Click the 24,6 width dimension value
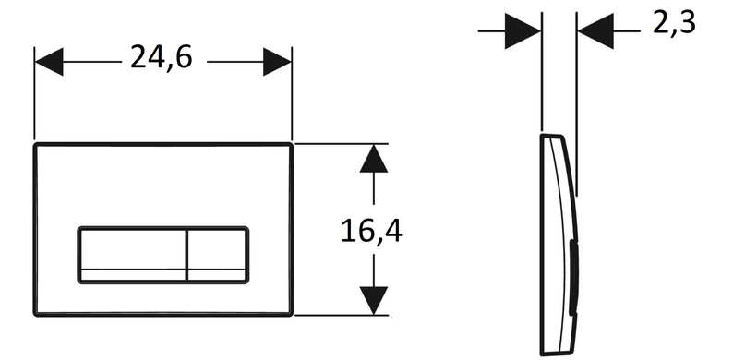162,58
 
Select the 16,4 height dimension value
371,232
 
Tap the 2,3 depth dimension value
674,23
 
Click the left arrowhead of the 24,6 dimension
49,62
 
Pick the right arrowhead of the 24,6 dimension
277,62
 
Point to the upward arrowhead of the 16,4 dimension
374,158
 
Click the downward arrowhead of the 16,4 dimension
374,300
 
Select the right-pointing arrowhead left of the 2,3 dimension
523,30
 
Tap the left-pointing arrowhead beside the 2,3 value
595,30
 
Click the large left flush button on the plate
132,255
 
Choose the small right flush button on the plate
218,255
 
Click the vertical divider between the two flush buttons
187,255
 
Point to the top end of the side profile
551,136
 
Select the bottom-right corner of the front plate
291,314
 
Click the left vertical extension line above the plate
34,93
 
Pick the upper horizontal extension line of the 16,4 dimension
342,143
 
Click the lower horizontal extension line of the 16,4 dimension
342,315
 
